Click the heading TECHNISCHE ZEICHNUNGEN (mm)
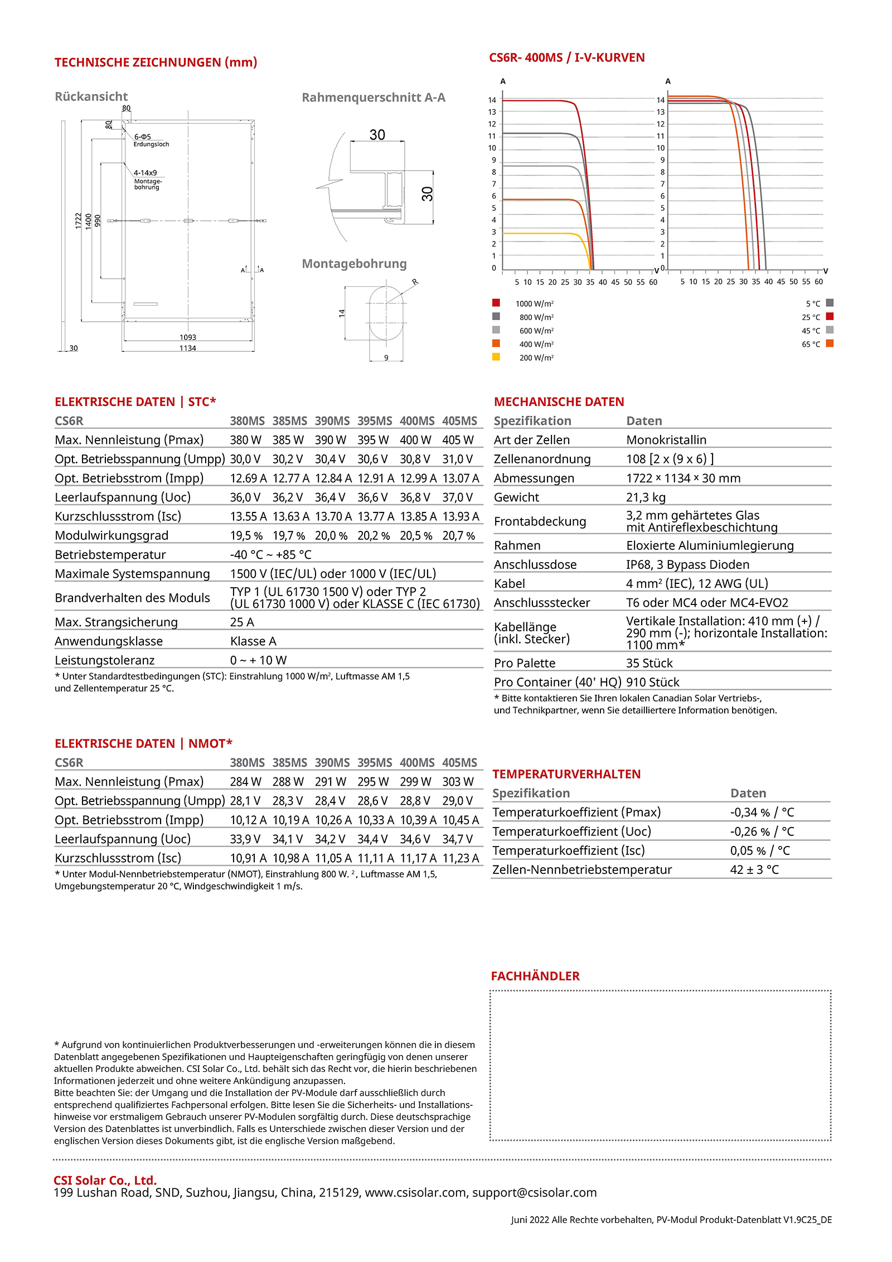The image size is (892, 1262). tap(156, 62)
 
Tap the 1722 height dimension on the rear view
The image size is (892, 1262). tap(79, 220)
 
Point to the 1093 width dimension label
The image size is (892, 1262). tap(188, 337)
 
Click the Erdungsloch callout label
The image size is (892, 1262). tap(151, 144)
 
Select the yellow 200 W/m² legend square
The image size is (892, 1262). tap(496, 357)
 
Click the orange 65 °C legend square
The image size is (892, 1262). tap(830, 344)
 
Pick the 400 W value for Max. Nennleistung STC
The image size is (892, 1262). tap(415, 440)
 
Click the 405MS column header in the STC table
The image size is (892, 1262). tap(459, 421)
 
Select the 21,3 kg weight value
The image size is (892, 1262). tap(646, 497)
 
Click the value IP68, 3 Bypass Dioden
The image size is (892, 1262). tap(687, 564)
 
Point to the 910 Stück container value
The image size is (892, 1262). tap(653, 682)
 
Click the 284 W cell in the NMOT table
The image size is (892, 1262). tap(245, 782)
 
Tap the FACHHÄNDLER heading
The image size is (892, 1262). tap(535, 976)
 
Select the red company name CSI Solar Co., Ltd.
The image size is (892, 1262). tap(105, 1180)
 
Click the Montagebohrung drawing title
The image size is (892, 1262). tap(354, 264)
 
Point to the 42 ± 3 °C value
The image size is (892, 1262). tap(754, 869)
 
